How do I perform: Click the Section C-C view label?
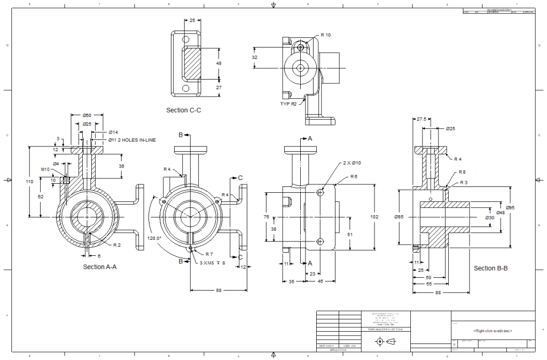coord(184,110)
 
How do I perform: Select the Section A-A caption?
coord(100,267)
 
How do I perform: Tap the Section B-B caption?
coord(491,268)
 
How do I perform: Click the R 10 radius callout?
coord(325,35)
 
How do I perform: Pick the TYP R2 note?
coord(288,104)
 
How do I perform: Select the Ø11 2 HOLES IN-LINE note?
coord(132,140)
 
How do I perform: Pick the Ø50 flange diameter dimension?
coord(87,115)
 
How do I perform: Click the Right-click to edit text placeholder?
coord(493,331)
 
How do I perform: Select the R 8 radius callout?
coord(462,173)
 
